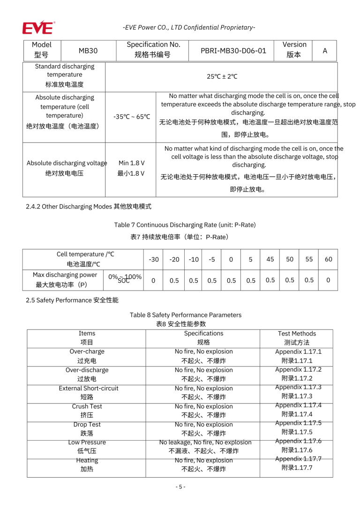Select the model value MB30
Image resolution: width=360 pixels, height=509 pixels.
pos(88,51)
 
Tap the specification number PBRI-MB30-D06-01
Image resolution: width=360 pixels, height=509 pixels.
pos(233,51)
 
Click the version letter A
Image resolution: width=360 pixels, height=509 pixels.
pos(324,51)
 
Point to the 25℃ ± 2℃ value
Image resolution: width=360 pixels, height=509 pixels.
pos(222,76)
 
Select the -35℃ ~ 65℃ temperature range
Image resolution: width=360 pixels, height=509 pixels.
pos(131,116)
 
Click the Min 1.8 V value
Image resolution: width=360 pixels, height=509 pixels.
pos(131,163)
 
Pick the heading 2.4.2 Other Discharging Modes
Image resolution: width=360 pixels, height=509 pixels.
pos(89,206)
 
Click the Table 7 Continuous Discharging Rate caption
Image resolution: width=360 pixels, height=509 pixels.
pos(185,225)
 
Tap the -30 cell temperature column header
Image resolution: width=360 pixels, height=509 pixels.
pos(153,259)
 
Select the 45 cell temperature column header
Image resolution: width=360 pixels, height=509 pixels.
pos(270,259)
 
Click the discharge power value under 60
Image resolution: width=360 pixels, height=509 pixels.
pos(328,280)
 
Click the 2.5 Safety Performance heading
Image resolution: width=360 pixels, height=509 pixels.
pos(72,300)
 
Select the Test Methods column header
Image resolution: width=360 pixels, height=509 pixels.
pos(297,334)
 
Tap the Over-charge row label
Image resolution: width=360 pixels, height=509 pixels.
pos(87,352)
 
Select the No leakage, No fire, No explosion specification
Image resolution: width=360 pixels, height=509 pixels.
pos(205,442)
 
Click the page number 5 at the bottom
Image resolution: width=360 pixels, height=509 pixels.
pos(180,487)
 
